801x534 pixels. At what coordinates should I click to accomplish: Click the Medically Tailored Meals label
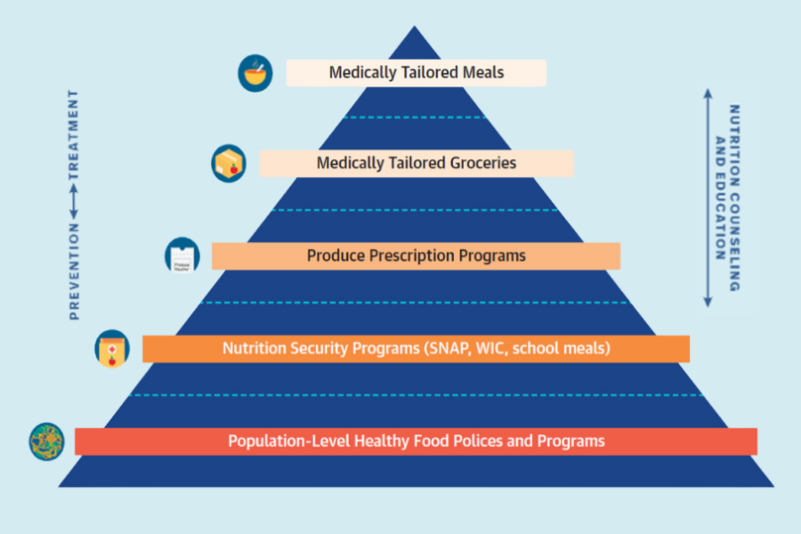coord(417,73)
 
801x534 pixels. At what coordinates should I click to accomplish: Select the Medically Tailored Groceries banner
coord(417,164)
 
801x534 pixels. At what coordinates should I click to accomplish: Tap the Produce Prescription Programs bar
coord(417,256)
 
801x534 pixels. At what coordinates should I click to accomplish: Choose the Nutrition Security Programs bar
coord(417,349)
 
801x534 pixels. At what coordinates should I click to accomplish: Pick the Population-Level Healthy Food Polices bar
coord(417,441)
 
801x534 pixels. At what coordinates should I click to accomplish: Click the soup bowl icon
coord(255,73)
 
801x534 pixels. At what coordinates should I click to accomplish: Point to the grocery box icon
coord(229,164)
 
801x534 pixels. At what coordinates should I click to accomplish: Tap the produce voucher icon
coord(182,255)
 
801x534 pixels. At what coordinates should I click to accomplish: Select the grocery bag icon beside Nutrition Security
coord(112,349)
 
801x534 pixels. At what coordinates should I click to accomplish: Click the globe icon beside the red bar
coord(46,441)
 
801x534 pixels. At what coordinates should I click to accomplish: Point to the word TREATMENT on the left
coord(74,134)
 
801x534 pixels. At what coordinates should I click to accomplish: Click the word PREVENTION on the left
coord(74,271)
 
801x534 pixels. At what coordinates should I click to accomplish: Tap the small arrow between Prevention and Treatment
coord(74,201)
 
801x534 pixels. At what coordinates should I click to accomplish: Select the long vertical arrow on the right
coord(708,198)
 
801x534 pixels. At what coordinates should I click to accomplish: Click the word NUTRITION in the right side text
coord(734,146)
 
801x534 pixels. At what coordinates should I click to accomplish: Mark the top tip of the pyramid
coord(414,26)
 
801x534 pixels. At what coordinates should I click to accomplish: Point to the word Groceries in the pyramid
coord(483,163)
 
